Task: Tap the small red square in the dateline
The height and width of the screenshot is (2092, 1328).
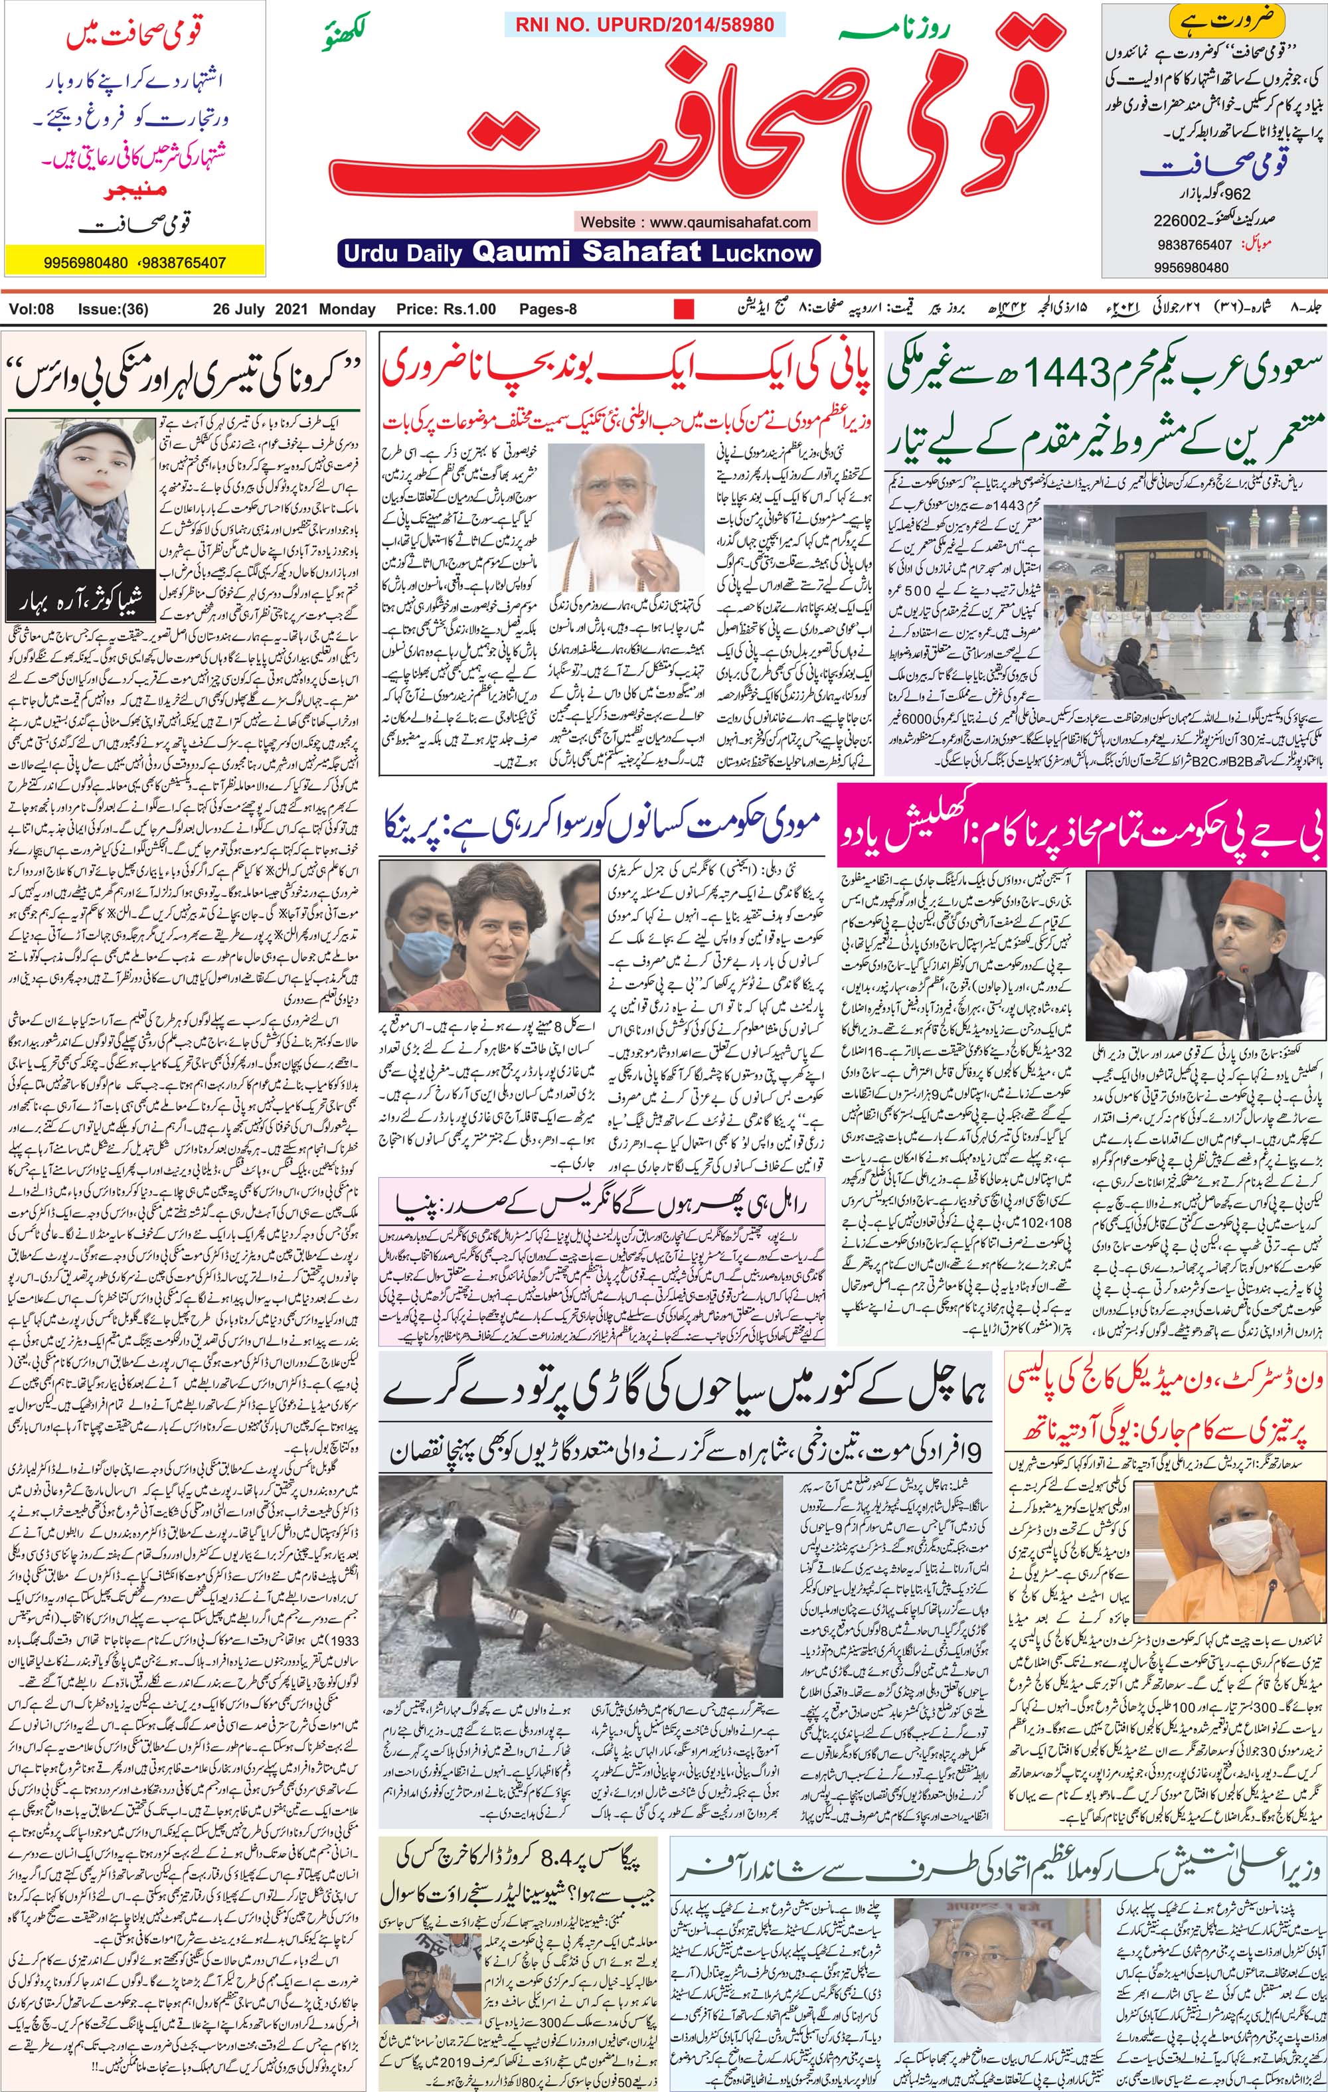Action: pos(685,309)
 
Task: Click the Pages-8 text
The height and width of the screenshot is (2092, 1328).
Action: pos(548,309)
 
